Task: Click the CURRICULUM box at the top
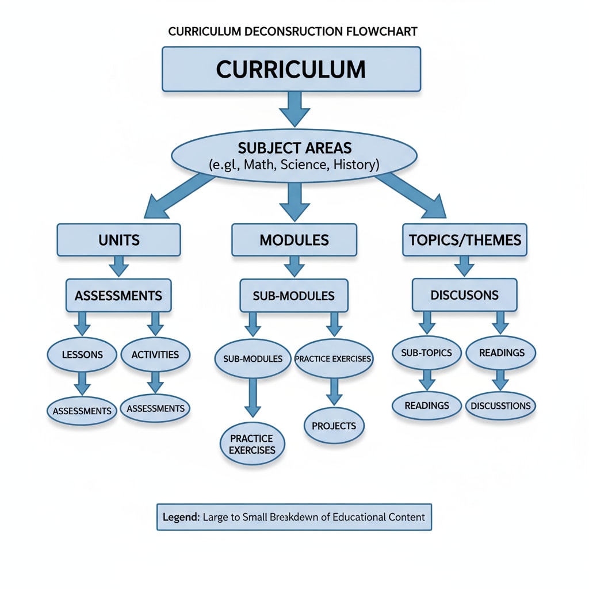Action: [291, 69]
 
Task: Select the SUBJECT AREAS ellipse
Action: [294, 155]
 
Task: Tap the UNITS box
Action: [118, 239]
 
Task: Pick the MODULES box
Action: [294, 239]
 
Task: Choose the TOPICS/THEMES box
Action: [464, 239]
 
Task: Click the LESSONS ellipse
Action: [82, 354]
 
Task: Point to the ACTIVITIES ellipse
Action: [155, 354]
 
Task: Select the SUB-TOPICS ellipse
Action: [426, 353]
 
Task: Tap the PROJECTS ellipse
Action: [334, 426]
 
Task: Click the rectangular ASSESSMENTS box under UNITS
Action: [118, 296]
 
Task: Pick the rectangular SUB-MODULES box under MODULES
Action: [294, 296]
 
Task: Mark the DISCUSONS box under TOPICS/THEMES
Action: [464, 294]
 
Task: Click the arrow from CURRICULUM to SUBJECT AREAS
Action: [294, 108]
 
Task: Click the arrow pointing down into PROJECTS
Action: [334, 391]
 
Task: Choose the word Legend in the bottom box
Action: [180, 517]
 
